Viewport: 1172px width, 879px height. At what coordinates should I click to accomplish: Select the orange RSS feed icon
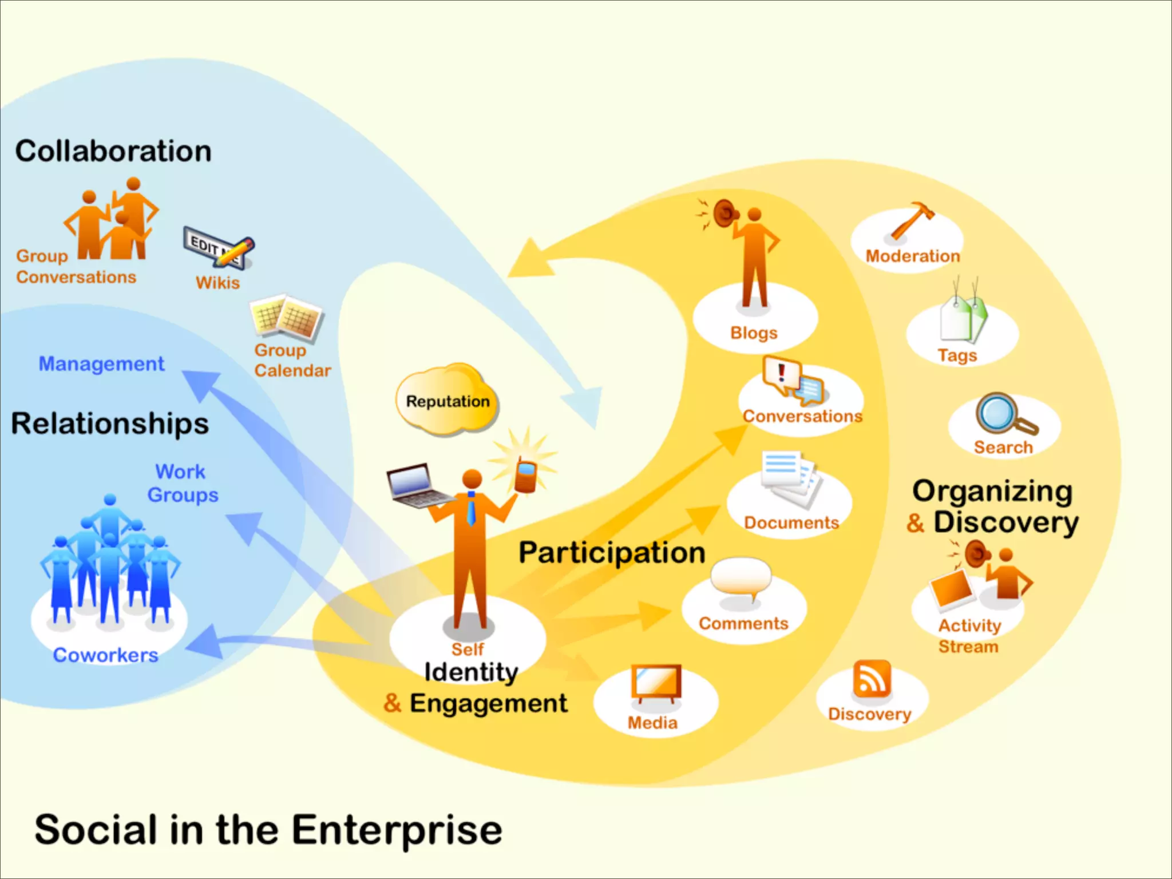[x=872, y=679]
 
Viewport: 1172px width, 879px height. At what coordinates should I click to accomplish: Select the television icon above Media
[x=656, y=683]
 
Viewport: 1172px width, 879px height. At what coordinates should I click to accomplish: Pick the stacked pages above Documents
[x=790, y=478]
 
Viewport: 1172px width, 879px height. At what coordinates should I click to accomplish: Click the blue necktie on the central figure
[x=471, y=509]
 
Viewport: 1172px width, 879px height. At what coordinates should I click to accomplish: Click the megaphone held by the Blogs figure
[x=724, y=213]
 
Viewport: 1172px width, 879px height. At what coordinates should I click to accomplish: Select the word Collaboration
[x=113, y=152]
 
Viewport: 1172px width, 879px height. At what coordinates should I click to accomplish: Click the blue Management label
[x=101, y=364]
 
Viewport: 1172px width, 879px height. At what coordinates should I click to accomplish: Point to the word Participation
[x=612, y=553]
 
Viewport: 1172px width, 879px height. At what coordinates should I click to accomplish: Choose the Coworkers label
[x=105, y=655]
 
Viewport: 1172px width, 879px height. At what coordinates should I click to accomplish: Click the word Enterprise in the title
[x=397, y=830]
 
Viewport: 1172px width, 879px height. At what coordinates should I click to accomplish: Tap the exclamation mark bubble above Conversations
[x=781, y=374]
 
